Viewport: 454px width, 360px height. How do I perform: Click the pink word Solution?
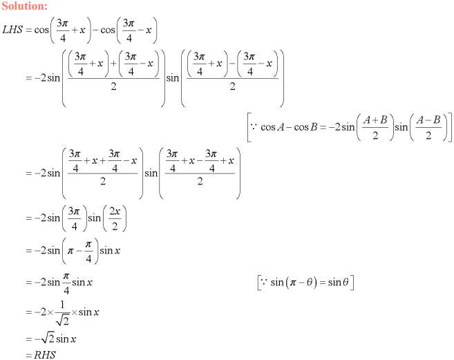coord(24,6)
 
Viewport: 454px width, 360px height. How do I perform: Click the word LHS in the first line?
coord(13,30)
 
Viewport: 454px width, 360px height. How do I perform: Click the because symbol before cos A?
coord(254,128)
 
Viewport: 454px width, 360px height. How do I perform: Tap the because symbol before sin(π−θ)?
coord(263,282)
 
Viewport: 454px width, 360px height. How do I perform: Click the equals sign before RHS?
coord(28,354)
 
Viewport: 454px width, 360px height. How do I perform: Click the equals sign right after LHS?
coord(28,30)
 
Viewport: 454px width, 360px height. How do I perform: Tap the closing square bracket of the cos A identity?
coord(450,129)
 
